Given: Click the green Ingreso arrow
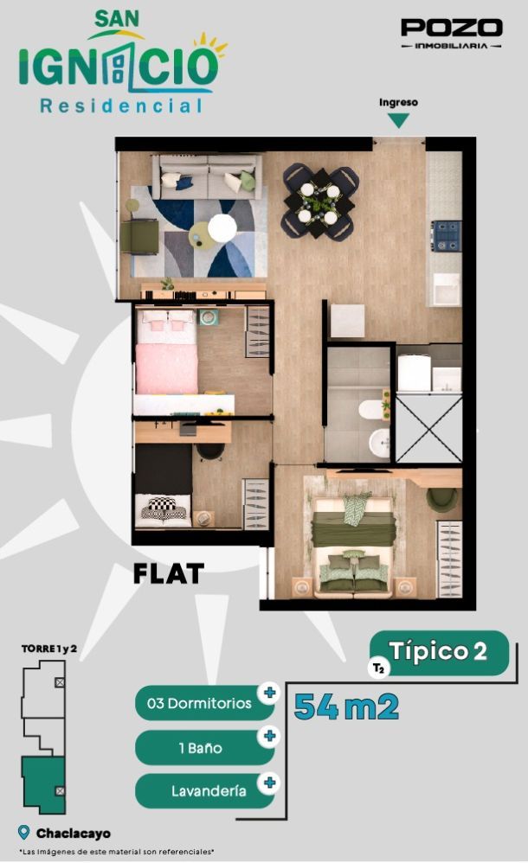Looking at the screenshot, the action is [398, 120].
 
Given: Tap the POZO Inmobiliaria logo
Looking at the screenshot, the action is [451, 34].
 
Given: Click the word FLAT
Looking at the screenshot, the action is [169, 573].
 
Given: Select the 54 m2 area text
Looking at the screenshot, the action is [346, 706].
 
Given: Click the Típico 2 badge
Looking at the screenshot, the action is [439, 653].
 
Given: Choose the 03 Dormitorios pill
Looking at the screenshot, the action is [206, 703].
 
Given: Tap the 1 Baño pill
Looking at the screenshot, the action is [206, 747].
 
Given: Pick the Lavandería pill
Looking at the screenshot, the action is [206, 791].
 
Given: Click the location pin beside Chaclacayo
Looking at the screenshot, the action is [23, 832].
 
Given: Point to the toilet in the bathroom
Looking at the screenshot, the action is [370, 409].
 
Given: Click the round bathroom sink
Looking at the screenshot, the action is [380, 443].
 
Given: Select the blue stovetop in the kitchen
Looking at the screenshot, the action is [447, 236].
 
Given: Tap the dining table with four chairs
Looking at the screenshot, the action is [319, 203].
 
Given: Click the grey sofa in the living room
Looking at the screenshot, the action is [207, 176].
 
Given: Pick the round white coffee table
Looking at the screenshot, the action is [222, 227].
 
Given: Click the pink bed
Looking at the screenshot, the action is [166, 352].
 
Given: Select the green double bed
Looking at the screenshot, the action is [353, 545].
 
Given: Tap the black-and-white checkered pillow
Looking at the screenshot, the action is [164, 508].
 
